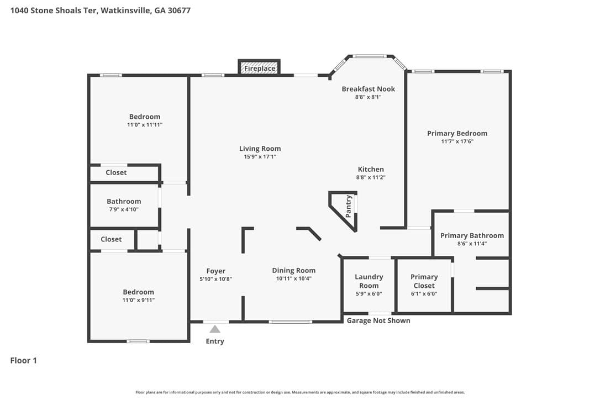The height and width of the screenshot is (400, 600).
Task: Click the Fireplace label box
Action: tap(260, 67)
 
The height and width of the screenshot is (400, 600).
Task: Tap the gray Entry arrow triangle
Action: tap(215, 329)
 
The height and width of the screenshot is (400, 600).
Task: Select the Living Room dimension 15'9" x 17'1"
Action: tap(260, 156)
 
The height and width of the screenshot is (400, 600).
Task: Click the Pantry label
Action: tap(348, 206)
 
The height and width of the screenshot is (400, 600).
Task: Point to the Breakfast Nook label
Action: tap(368, 89)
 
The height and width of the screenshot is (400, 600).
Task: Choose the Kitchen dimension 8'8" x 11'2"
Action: tap(371, 177)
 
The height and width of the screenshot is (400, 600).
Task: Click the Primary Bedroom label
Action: tap(457, 133)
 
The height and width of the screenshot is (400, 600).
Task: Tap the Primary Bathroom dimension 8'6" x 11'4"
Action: tap(472, 244)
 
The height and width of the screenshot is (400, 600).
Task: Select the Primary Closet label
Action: tap(424, 281)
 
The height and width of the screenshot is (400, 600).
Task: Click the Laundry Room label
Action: tap(369, 281)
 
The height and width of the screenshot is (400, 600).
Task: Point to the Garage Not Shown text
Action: tap(378, 320)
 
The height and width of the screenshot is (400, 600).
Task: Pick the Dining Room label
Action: tap(294, 270)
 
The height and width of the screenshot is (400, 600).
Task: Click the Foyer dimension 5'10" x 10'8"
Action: tap(216, 279)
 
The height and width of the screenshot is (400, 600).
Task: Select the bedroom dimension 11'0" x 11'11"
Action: tap(145, 125)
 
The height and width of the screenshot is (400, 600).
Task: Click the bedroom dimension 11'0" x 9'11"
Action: tap(139, 300)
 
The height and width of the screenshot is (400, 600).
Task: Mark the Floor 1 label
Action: tap(23, 360)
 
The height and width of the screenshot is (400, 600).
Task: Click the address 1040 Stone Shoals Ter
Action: tap(55, 10)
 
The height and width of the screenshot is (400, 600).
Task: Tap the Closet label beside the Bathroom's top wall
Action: tap(116, 172)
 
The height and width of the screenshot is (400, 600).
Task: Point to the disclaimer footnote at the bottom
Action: tap(300, 392)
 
